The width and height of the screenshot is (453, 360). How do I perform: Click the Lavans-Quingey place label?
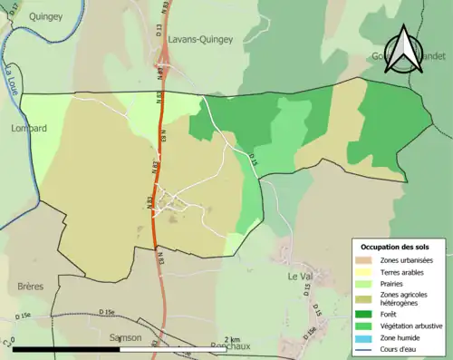click(205, 39)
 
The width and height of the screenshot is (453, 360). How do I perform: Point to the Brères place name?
click(30, 286)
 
